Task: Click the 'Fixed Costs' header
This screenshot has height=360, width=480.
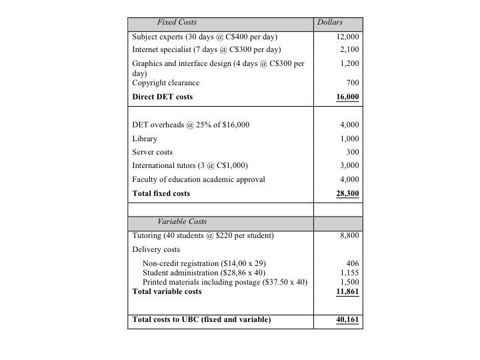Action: coord(177,23)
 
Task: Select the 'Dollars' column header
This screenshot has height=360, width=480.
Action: coord(330,23)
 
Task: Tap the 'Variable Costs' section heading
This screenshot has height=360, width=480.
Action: coord(182,221)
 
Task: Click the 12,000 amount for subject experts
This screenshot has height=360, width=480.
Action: coord(347,37)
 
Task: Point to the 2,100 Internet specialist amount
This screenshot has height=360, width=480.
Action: coord(349,50)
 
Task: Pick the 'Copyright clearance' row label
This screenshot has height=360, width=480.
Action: coord(165,83)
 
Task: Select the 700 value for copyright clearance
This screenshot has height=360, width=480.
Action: coord(353,83)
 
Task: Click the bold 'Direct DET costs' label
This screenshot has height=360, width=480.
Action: coord(162,97)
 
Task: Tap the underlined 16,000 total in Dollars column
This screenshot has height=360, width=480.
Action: coord(347,97)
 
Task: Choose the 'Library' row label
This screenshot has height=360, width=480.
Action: coord(145,139)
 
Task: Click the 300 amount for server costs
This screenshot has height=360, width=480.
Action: coord(353,152)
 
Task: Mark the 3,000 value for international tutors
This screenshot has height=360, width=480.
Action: coord(349,165)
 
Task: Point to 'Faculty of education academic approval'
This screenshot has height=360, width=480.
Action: coord(199,179)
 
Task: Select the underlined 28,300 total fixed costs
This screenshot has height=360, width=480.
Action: coord(347,193)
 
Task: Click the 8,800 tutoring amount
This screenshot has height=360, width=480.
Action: coord(349,235)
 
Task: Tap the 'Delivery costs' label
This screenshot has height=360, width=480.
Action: coord(156,249)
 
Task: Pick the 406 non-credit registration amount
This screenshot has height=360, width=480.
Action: coord(353,263)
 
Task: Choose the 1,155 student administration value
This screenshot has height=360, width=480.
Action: coord(349,273)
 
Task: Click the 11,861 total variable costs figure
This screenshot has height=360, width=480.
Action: coord(347,291)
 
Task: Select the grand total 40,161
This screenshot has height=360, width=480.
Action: coord(347,320)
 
